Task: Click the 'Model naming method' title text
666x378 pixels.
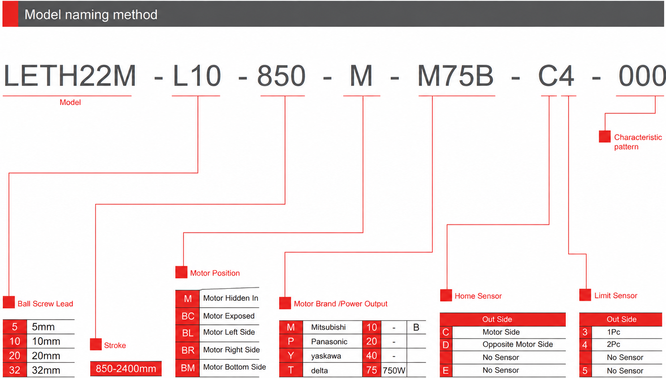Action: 91,14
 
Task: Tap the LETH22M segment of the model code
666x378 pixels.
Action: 70,76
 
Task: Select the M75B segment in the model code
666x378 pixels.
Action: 455,76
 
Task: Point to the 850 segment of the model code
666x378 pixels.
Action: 281,76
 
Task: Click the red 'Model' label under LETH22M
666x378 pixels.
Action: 70,102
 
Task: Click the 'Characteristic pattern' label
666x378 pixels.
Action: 638,142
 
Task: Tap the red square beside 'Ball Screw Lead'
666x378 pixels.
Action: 9,302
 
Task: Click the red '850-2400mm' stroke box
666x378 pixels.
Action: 126,368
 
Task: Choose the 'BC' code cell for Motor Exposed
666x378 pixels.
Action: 187,316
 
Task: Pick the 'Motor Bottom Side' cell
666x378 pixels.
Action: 234,367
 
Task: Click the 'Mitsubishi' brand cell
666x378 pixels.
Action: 328,327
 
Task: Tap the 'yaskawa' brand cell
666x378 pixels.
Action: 326,356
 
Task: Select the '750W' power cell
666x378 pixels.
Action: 394,370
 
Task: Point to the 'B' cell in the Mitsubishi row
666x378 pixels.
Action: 416,327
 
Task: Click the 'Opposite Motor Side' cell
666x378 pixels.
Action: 518,344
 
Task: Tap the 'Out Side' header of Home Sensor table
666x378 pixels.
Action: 497,319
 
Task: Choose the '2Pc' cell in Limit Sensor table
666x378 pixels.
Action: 614,344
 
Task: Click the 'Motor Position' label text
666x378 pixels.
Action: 215,273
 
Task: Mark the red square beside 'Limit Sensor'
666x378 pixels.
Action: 585,295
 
